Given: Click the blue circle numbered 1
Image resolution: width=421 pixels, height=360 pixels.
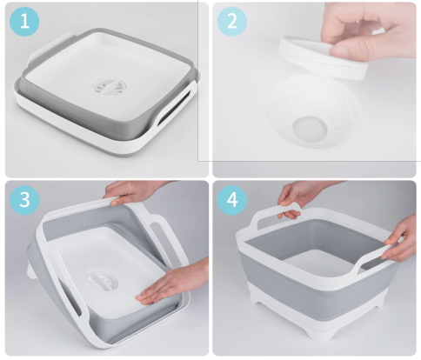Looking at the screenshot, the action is tap(24, 22).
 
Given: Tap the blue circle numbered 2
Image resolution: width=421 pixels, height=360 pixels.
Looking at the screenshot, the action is tap(232, 22).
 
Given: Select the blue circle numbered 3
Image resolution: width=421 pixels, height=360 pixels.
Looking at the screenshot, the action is tap(24, 200).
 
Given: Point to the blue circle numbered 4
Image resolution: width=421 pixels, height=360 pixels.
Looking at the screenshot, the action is tap(232, 200).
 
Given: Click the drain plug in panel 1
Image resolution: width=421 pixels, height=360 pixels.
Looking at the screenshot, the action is tap(110, 88).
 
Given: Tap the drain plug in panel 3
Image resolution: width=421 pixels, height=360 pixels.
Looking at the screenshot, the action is tap(102, 280).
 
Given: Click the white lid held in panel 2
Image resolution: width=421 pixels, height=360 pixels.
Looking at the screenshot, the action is tap(323, 58).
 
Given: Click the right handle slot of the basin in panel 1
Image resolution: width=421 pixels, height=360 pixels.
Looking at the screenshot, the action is tap(173, 108).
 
